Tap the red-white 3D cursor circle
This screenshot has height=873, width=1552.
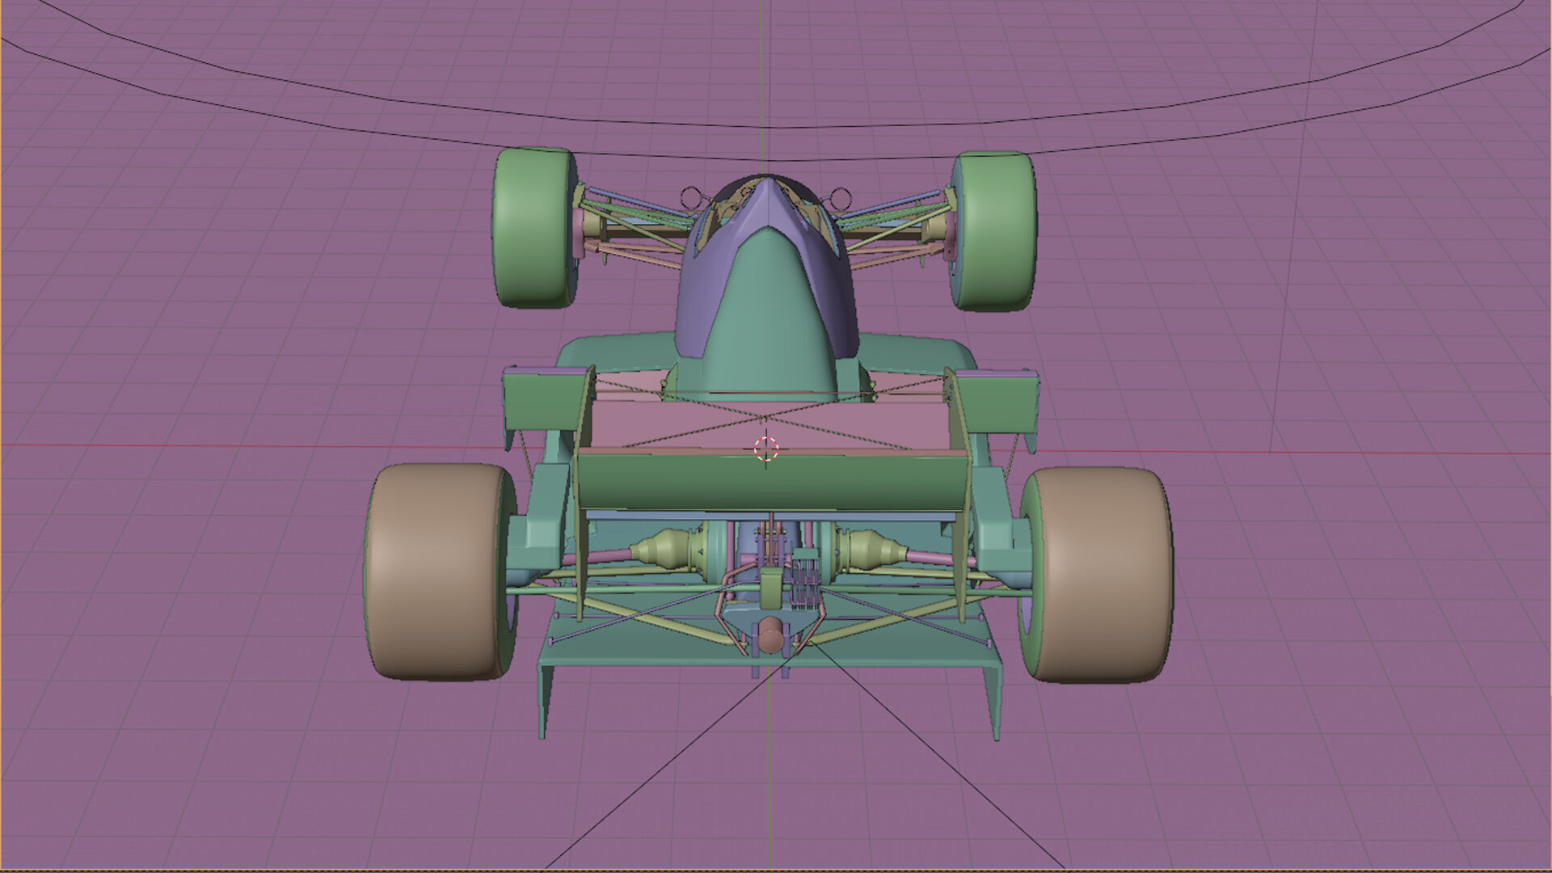[x=766, y=449]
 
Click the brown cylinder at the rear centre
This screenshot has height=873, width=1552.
[x=771, y=636]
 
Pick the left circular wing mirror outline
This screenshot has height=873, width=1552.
[x=690, y=196]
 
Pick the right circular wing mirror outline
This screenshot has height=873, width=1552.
[x=841, y=196]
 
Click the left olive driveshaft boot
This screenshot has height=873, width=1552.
[x=659, y=549]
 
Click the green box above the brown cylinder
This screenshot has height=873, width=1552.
[x=771, y=586]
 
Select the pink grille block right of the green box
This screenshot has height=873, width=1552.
[x=805, y=578]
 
